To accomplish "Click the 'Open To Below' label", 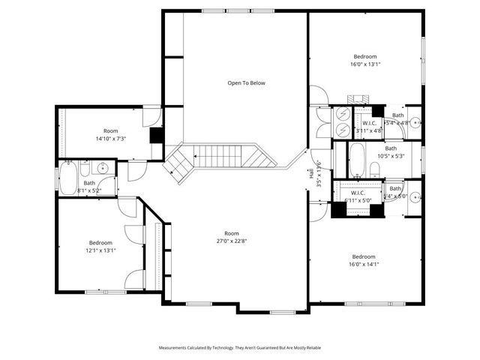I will pos(246,82).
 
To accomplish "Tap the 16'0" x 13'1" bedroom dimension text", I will pos(365,64).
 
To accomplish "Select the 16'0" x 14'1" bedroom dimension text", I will pos(365,264).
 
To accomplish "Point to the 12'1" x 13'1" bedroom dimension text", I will pos(100,250).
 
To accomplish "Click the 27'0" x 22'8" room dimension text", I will pos(231,241).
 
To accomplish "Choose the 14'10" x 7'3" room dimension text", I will pos(110,139).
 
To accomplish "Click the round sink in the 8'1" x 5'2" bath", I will pos(104,167).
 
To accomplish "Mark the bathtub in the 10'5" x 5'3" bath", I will pos(358,159).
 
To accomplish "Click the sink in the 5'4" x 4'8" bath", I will pos(415,123).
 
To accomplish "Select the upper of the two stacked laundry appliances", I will pos(343,114).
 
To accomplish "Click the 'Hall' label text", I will pos(310,174).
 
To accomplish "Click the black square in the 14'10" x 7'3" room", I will pos(157,135).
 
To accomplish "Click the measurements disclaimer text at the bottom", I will pos(240,348).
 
